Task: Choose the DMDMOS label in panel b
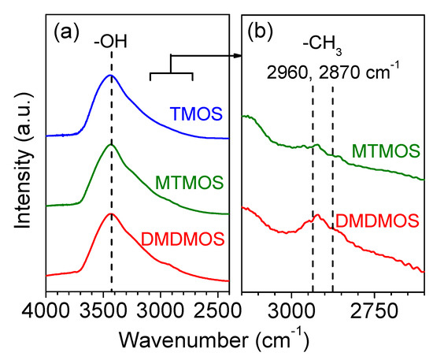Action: pyautogui.click(x=376, y=221)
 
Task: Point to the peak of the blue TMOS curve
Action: pyautogui.click(x=111, y=76)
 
